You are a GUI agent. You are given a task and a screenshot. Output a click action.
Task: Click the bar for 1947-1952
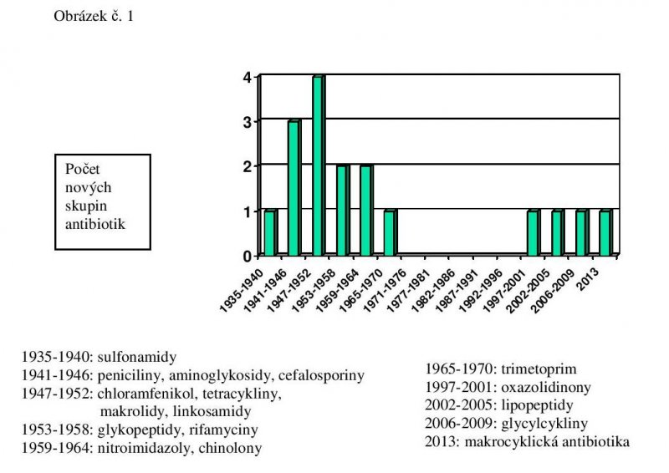(x=318, y=165)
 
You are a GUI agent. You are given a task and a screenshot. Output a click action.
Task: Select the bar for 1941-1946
(x=294, y=188)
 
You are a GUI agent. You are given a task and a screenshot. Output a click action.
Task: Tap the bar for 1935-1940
(x=269, y=233)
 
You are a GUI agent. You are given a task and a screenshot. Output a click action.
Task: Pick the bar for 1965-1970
(x=390, y=233)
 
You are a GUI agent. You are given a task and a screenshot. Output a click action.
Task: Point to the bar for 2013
(x=605, y=233)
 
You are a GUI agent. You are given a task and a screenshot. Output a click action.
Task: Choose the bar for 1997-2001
(x=533, y=233)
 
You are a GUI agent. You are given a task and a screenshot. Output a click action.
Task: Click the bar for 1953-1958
(x=342, y=211)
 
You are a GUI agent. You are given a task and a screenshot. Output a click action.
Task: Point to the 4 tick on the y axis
(x=248, y=77)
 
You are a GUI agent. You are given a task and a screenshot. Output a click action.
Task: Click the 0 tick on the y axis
(x=248, y=256)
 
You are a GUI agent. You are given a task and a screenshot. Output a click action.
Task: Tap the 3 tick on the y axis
(x=248, y=122)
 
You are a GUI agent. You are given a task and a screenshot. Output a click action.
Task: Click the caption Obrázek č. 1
(x=93, y=17)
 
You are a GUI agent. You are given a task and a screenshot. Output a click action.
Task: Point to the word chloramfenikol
(x=153, y=394)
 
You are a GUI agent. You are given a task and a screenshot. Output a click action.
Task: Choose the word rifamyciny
(x=221, y=430)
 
